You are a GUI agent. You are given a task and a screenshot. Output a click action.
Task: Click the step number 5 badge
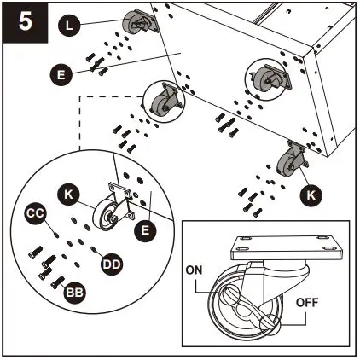pos(26,22)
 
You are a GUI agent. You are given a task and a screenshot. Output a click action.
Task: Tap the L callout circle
pos(69,25)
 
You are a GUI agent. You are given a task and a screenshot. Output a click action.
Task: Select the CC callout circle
pos(35,213)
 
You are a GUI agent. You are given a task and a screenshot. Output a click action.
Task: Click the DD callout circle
pos(112,264)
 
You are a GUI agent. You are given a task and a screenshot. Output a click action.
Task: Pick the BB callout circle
pos(75,293)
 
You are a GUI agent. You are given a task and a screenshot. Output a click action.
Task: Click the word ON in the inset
pos(194,270)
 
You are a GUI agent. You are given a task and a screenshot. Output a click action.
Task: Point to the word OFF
pos(307,303)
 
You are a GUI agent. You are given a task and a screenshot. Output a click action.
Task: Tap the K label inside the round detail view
pos(68,195)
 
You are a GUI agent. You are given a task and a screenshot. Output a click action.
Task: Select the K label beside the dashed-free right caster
pos(311,195)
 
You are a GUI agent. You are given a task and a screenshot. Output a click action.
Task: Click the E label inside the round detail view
pos(145,230)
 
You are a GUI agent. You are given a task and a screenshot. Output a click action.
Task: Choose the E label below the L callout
pos(61,75)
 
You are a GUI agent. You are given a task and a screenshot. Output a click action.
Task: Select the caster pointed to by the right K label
pos(293,160)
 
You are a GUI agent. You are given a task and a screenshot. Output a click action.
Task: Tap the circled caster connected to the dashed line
pos(165,102)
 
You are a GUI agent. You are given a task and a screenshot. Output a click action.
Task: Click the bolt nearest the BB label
pos(58,282)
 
